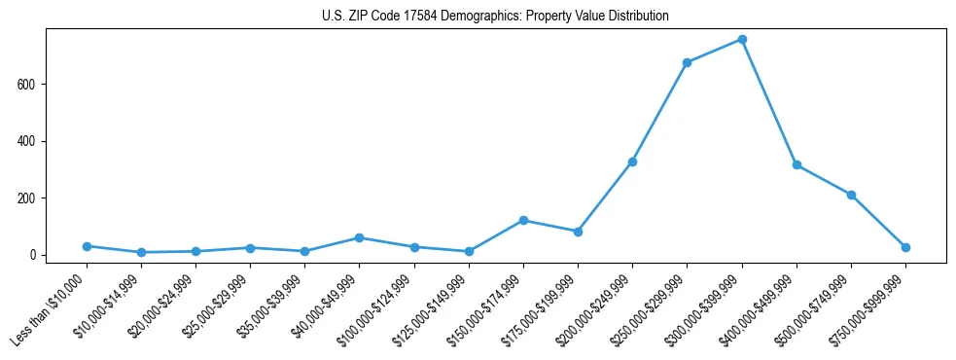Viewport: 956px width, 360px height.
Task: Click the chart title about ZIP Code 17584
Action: pos(495,17)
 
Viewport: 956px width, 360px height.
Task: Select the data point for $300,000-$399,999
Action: pos(742,40)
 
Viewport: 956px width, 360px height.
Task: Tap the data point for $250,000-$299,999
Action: pos(688,62)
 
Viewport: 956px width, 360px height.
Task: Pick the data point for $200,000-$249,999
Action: pos(633,162)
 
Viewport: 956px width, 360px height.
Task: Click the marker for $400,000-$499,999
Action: pos(797,165)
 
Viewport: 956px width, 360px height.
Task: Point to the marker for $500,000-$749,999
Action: pos(851,195)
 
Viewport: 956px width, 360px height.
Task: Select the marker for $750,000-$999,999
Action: pos(905,247)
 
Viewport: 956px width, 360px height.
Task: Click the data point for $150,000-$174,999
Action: pos(523,221)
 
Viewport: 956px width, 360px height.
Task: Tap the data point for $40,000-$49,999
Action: pos(360,237)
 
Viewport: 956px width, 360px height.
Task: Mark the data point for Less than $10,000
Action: pos(87,246)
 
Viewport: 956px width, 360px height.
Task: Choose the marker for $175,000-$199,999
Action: pos(578,232)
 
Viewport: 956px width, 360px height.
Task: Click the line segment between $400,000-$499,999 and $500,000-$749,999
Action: pos(824,180)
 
